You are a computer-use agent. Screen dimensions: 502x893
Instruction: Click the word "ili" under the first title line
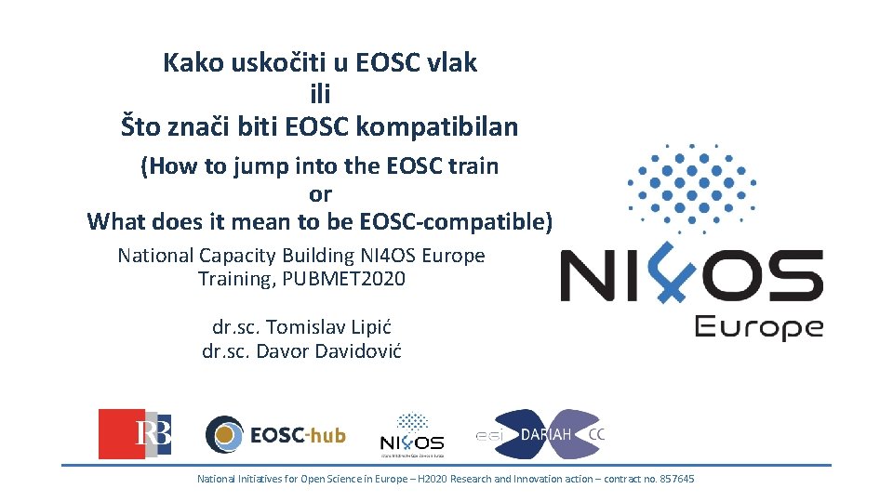point(319,94)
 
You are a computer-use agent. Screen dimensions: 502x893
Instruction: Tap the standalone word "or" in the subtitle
point(320,194)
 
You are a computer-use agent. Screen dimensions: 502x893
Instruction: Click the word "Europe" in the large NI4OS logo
point(758,327)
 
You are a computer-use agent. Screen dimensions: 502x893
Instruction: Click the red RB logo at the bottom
point(135,434)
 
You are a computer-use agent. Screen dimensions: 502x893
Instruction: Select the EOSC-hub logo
point(275,434)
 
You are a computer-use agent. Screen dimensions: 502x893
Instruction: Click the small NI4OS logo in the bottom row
point(412,435)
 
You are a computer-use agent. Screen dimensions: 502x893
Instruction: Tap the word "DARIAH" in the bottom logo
point(546,434)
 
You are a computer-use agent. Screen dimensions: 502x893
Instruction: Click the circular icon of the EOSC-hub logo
point(224,434)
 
